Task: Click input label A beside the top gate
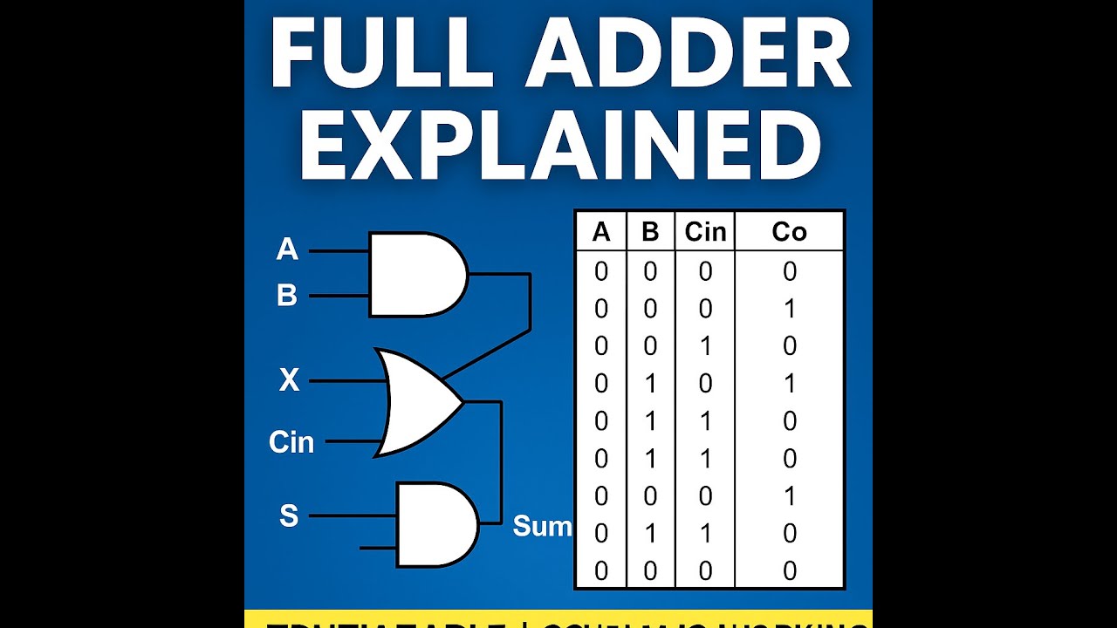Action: coord(287,250)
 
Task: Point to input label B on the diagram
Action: coord(287,297)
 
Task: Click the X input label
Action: coord(289,380)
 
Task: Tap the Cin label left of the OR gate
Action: coord(291,442)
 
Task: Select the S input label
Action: coord(289,516)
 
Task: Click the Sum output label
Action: coord(542,526)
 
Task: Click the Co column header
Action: coord(790,232)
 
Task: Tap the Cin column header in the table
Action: coord(705,232)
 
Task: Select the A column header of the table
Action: coord(601,232)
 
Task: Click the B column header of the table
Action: coord(650,232)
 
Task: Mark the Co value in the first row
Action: coord(790,272)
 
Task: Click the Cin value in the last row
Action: coord(705,571)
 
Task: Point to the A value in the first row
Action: coord(601,272)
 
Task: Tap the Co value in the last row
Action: coord(790,571)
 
